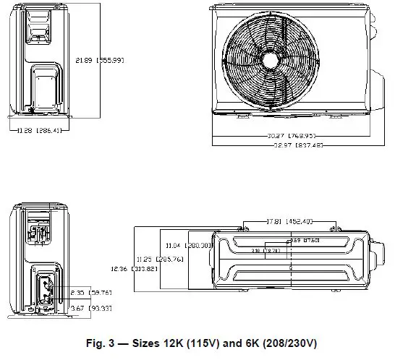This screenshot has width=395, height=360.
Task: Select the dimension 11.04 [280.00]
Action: [x=187, y=245]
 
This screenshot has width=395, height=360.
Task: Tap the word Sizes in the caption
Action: [x=153, y=342]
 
